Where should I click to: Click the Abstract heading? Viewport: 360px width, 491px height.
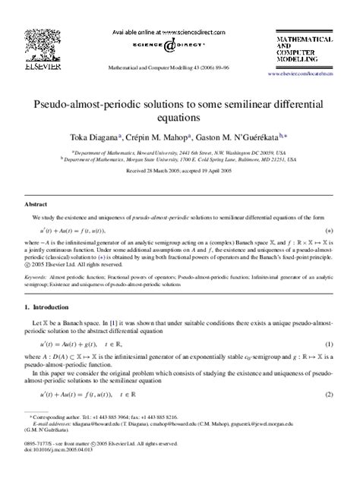(x=37, y=204)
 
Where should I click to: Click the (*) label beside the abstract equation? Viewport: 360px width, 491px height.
(x=329, y=230)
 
